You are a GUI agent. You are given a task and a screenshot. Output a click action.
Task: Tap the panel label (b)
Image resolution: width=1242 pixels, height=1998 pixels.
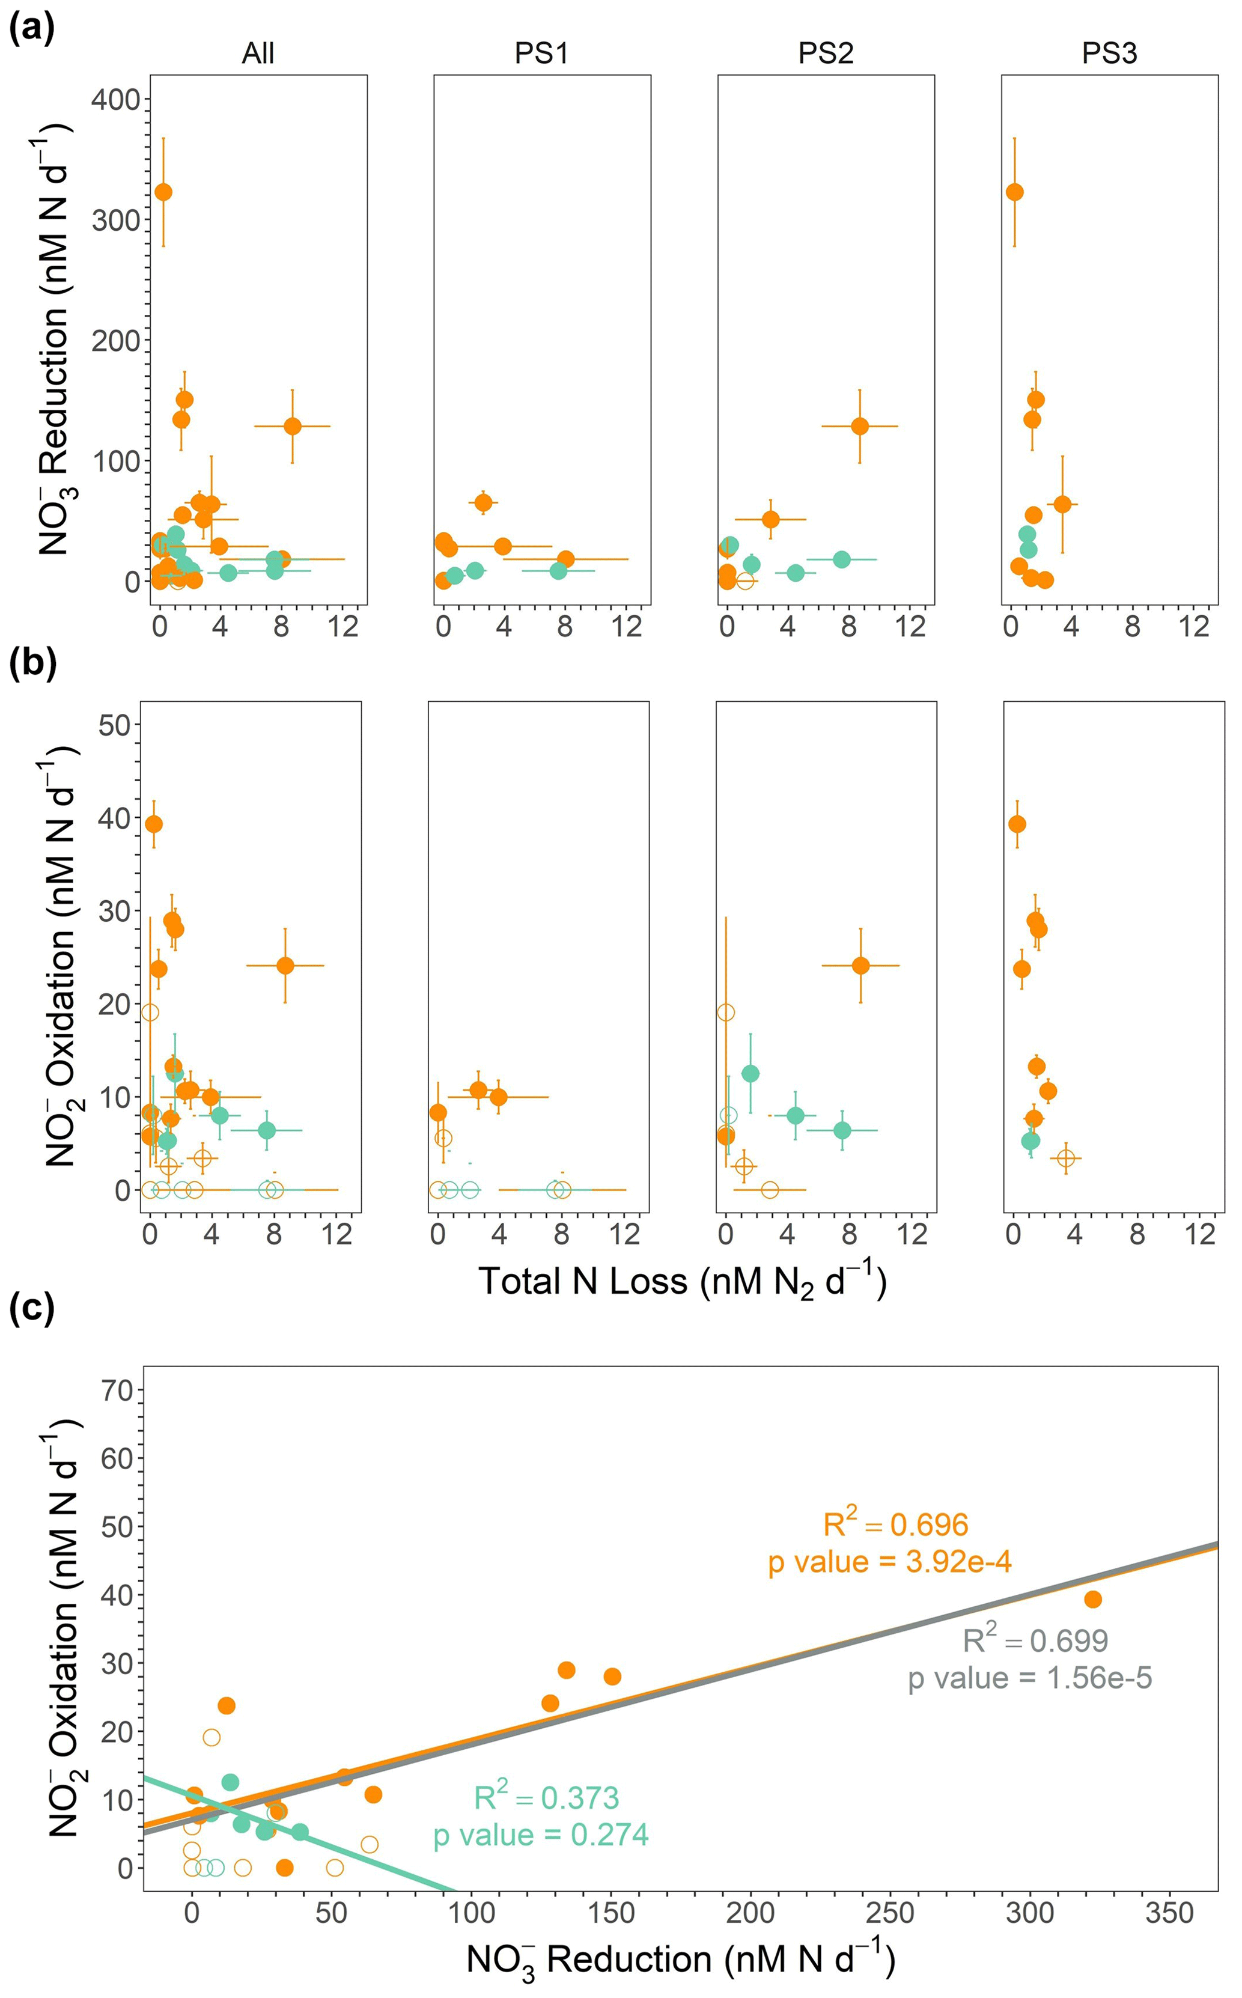(x=31, y=663)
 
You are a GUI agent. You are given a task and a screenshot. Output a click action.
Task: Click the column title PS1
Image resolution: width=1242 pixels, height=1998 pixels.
(x=541, y=53)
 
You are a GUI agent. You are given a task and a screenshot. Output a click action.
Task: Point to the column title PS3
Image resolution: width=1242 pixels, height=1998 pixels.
(x=1109, y=53)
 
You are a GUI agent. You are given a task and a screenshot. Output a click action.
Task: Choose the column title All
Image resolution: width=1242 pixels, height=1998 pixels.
(x=258, y=53)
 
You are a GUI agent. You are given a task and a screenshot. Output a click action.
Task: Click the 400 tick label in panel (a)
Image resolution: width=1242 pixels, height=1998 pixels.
(x=116, y=100)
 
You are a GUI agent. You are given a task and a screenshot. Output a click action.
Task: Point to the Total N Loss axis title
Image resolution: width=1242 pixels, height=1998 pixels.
(x=682, y=1282)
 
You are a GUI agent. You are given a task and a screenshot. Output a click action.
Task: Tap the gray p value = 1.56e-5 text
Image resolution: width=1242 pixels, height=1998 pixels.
(x=1030, y=1678)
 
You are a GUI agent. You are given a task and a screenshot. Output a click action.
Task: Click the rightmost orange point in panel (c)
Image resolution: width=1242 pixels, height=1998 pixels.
(x=1092, y=1599)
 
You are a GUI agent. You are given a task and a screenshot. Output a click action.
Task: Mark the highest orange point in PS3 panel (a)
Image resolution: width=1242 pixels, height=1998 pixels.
(x=1014, y=192)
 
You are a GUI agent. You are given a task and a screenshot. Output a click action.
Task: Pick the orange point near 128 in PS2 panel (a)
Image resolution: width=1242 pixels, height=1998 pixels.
(x=859, y=426)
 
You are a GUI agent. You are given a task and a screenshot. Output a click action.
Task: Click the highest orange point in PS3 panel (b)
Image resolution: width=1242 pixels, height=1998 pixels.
(x=1017, y=824)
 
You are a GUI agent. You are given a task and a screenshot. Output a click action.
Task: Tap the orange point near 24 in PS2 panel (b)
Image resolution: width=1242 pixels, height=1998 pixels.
(x=860, y=966)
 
